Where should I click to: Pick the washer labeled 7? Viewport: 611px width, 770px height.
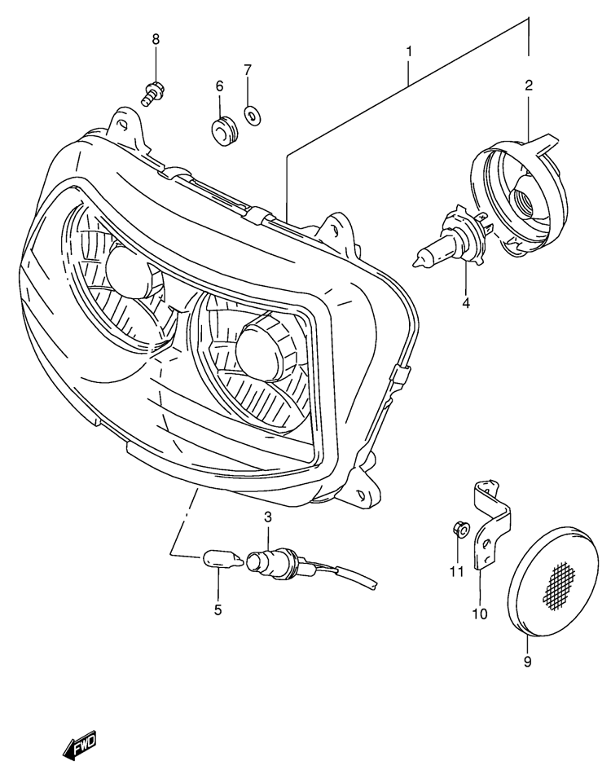(x=253, y=115)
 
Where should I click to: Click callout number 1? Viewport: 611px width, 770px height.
(x=409, y=53)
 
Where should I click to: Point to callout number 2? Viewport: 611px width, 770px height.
(x=529, y=84)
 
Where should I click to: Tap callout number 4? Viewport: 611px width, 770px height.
(x=466, y=303)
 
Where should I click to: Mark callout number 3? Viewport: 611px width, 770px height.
(x=267, y=517)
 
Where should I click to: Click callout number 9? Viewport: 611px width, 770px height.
(x=527, y=662)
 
